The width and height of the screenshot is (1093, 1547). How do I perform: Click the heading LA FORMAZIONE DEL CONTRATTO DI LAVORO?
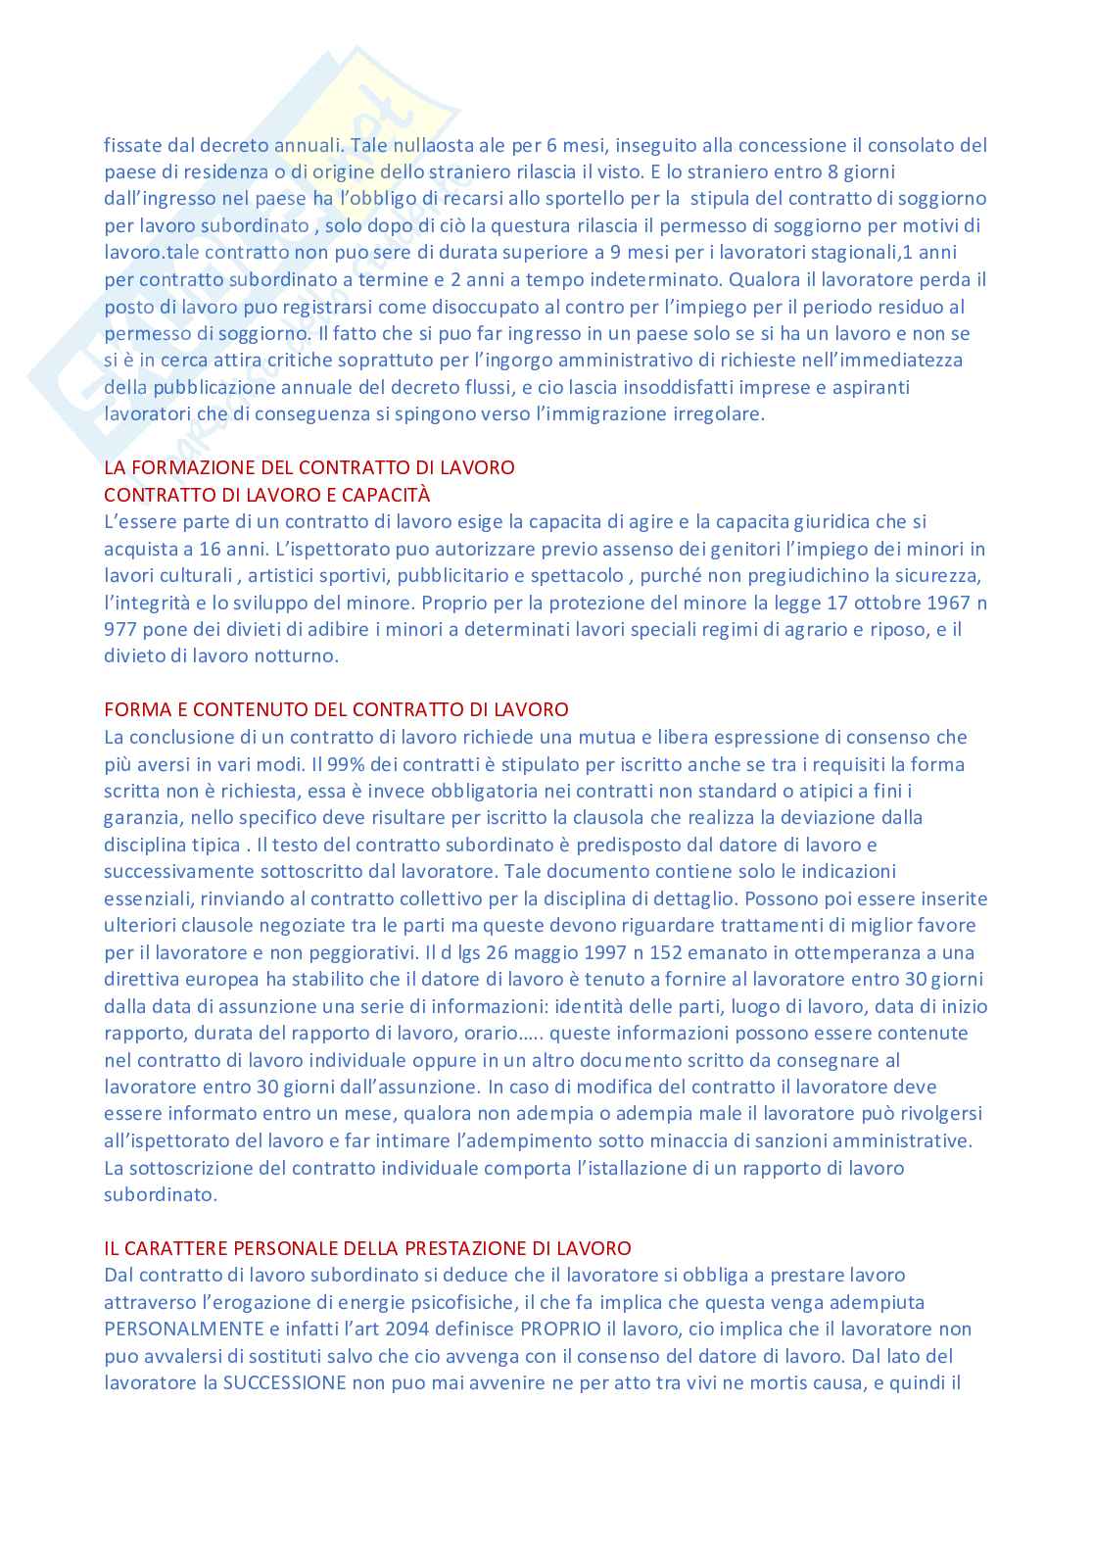[309, 467]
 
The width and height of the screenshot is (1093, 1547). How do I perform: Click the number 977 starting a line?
[119, 630]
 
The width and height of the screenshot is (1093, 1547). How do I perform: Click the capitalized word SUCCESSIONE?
[285, 1383]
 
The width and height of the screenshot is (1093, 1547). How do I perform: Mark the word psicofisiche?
[457, 1303]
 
